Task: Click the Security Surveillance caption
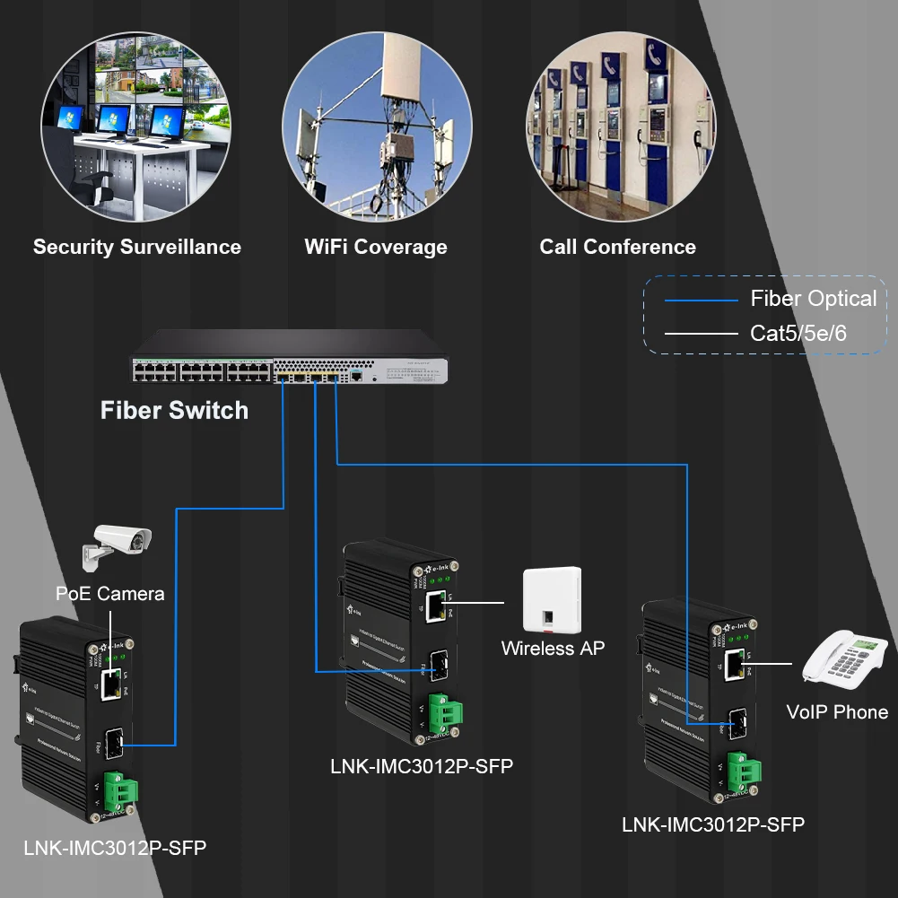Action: pyautogui.click(x=137, y=247)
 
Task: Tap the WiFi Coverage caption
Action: pyautogui.click(x=376, y=247)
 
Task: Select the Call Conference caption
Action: pyautogui.click(x=617, y=247)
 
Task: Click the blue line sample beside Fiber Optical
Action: pyautogui.click(x=700, y=301)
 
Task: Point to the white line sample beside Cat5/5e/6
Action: pyautogui.click(x=700, y=334)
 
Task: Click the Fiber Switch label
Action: pyautogui.click(x=174, y=411)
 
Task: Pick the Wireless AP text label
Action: pyautogui.click(x=553, y=648)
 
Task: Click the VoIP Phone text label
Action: pyautogui.click(x=837, y=712)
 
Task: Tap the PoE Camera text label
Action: pyautogui.click(x=110, y=594)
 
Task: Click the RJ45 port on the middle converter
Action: pyautogui.click(x=438, y=607)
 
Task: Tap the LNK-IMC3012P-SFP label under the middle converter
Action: pyautogui.click(x=422, y=766)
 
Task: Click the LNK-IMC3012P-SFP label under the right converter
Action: pyautogui.click(x=713, y=824)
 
